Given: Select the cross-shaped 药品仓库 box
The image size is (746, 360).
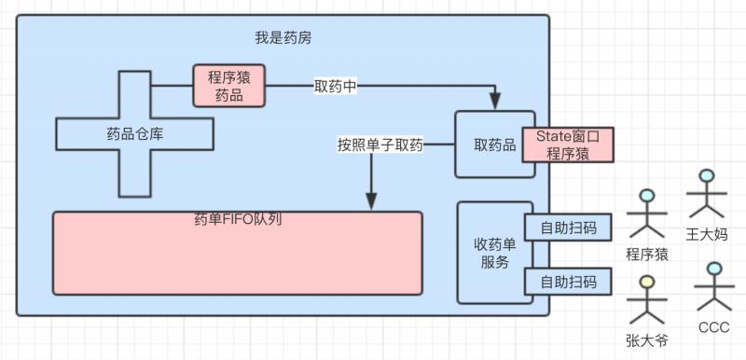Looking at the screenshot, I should pyautogui.click(x=135, y=133).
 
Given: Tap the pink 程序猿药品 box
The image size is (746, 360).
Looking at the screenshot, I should pyautogui.click(x=228, y=86).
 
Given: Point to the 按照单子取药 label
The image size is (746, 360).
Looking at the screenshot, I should pyautogui.click(x=380, y=145).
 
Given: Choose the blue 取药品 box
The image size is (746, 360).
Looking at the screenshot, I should pyautogui.click(x=482, y=145).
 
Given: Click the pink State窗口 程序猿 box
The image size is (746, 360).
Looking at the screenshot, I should pyautogui.click(x=568, y=145).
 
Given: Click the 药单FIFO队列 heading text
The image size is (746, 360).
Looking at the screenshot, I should pyautogui.click(x=238, y=220).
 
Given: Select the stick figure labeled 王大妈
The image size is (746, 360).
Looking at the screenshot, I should pyautogui.click(x=706, y=193).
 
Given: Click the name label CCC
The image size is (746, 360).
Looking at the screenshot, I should pyautogui.click(x=713, y=325).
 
